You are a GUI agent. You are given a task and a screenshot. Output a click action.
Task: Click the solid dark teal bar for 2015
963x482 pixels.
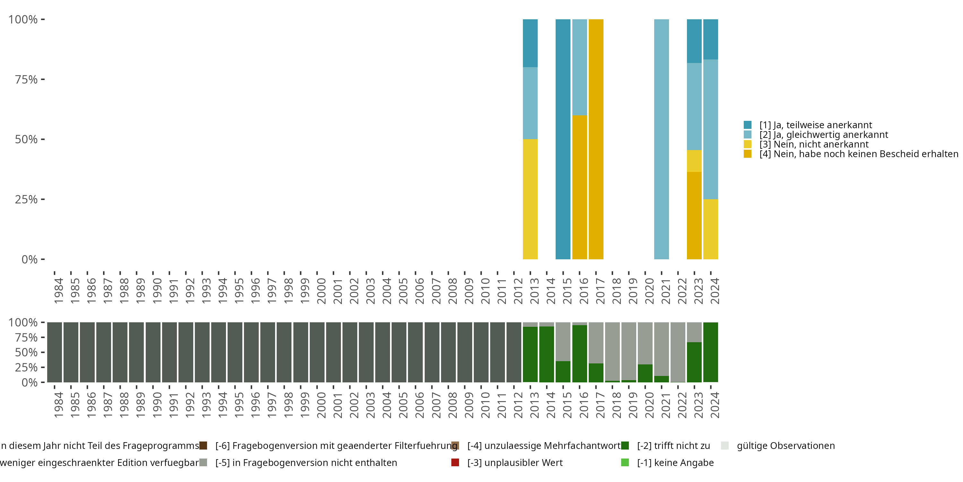point(563,139)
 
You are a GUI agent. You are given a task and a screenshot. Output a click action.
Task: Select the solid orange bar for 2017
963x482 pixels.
point(596,139)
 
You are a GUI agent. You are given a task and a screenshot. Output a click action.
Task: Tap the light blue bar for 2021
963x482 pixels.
point(661,139)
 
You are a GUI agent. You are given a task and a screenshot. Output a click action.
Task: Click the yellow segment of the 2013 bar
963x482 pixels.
point(530,199)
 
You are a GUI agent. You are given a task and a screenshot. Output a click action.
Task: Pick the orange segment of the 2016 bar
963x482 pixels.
point(579,187)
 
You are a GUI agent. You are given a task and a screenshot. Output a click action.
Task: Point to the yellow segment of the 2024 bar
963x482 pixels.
point(711,229)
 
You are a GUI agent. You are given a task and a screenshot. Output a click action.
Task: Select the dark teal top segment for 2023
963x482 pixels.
point(694,41)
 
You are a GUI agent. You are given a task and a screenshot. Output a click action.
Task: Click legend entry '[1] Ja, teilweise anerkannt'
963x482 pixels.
point(815,125)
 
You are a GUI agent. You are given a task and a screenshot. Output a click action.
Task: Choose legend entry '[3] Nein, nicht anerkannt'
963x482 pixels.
point(813,145)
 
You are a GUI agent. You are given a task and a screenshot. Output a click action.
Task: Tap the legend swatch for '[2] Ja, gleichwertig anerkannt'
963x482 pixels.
point(748,135)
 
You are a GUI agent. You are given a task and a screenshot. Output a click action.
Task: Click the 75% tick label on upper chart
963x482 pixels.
point(26,79)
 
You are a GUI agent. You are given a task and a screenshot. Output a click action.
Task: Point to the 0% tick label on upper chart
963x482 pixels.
point(30,259)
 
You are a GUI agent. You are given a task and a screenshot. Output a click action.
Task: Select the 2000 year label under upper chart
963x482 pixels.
point(321,291)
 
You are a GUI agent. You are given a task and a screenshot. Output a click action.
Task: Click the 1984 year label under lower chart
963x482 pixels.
point(58,405)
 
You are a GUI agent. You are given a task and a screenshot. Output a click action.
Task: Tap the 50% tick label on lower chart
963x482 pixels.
point(26,353)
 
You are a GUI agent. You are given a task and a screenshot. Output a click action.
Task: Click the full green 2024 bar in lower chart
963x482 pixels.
point(711,352)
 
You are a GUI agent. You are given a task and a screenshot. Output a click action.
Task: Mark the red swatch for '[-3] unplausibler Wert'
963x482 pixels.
point(455,462)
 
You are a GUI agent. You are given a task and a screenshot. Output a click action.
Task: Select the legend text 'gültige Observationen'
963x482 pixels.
point(785,446)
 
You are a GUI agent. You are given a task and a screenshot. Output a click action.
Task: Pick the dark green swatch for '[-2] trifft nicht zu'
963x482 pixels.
point(625,446)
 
